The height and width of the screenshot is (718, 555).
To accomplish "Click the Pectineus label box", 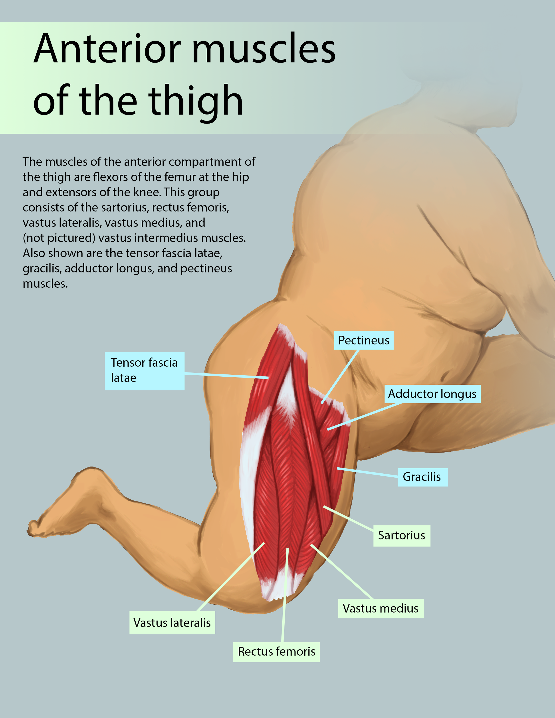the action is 364,340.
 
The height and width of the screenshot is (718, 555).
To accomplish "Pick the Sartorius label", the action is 401,535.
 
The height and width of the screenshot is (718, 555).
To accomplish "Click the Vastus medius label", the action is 381,609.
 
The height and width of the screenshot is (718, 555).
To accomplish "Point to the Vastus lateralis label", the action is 172,623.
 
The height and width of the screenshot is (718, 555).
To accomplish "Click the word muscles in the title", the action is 263,49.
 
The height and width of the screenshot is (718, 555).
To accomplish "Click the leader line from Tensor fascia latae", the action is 227,376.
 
